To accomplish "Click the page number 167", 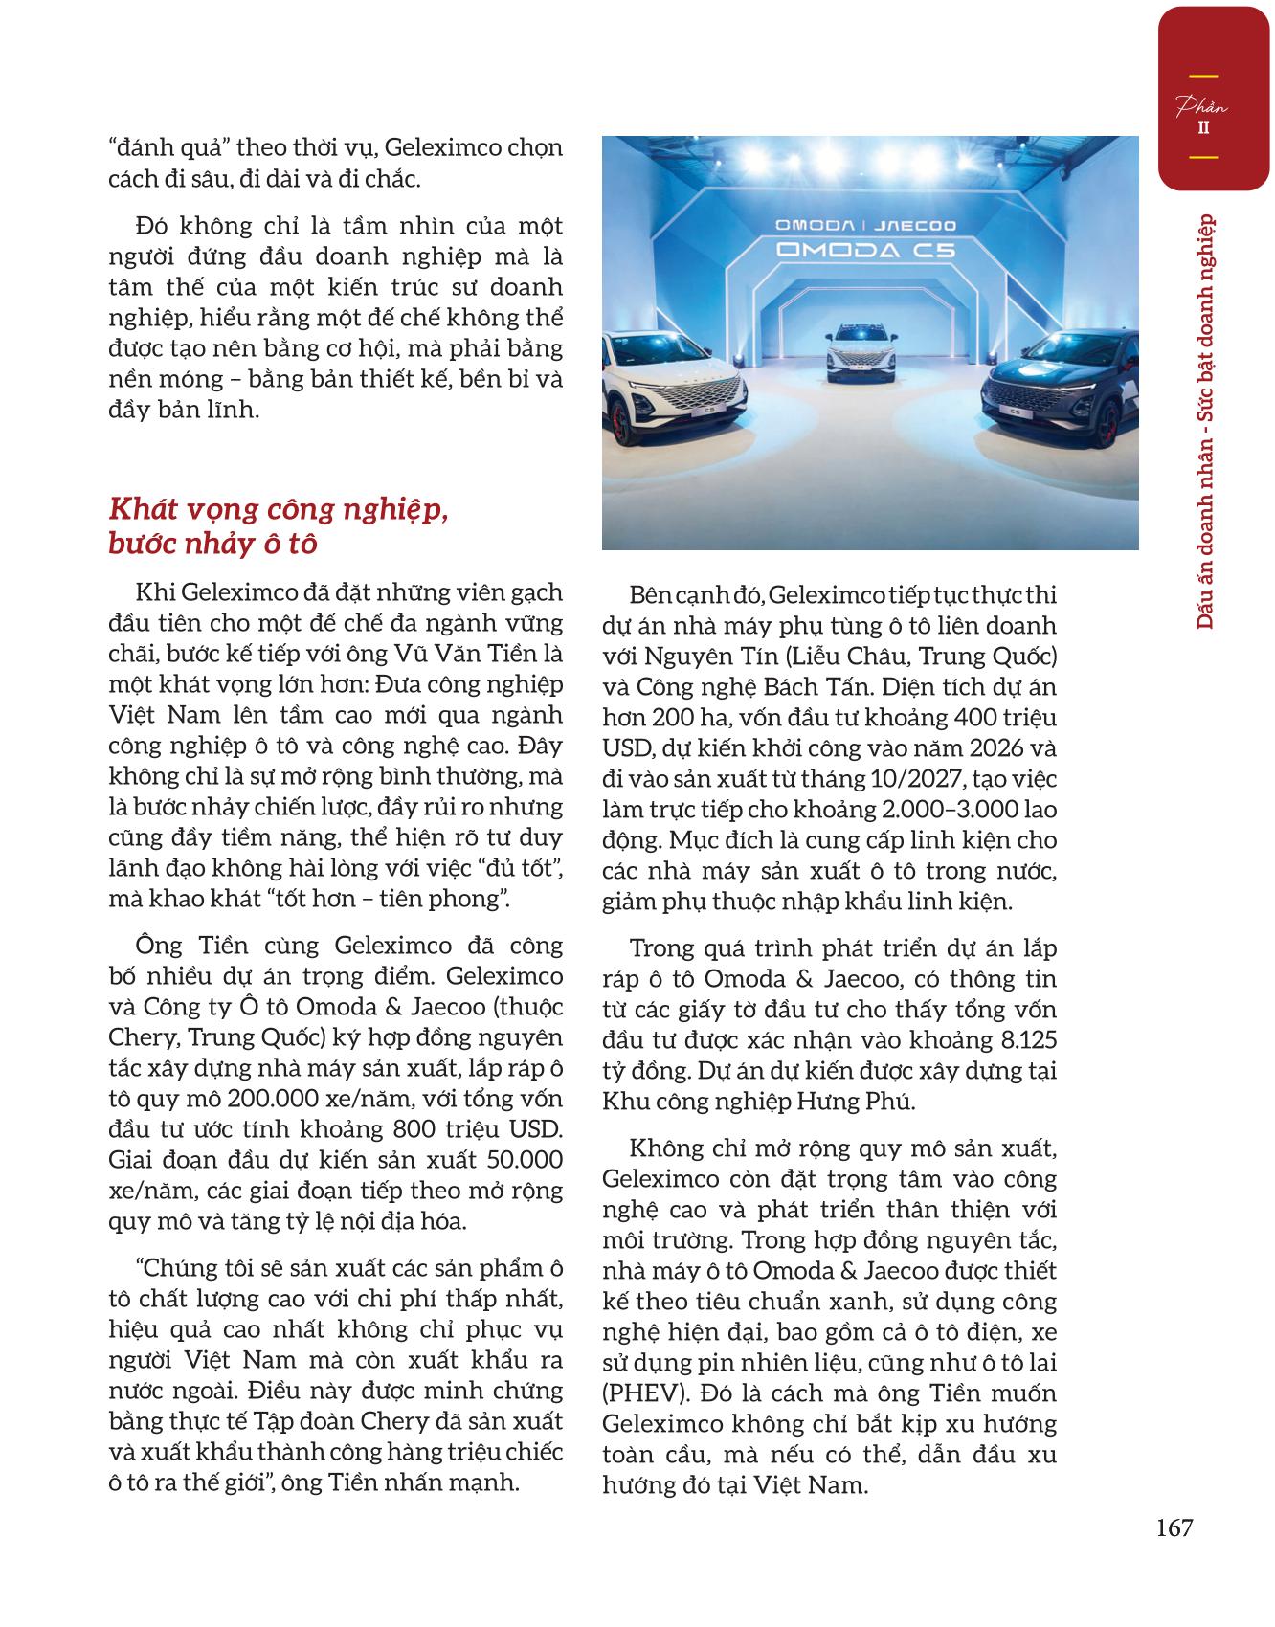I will click(1174, 1527).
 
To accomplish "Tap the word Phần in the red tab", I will click(1202, 107).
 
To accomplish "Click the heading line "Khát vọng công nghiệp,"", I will click(280, 510).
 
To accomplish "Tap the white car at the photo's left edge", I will click(676, 405).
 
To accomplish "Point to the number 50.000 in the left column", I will click(525, 1160).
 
